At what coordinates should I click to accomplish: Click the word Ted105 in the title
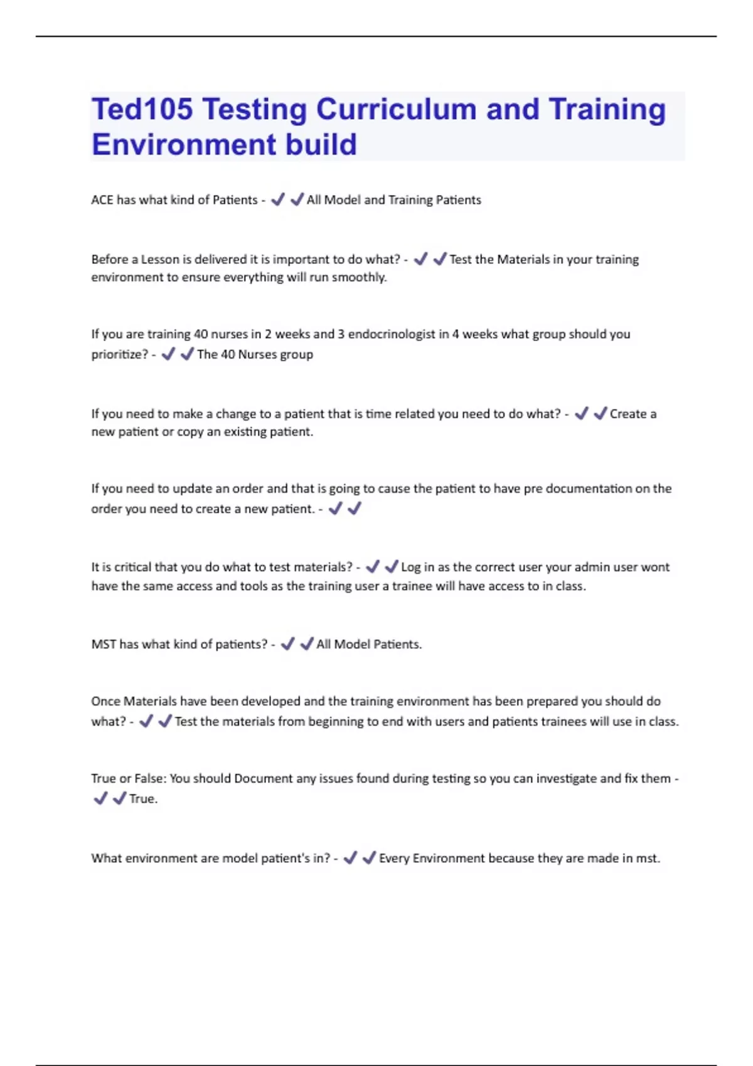coord(142,109)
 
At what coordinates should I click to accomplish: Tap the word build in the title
coord(321,145)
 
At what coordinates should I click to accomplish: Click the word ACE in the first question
coord(102,200)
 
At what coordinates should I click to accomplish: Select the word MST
coord(104,645)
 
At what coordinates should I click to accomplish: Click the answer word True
coord(142,799)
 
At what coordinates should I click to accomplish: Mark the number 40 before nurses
coord(201,334)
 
